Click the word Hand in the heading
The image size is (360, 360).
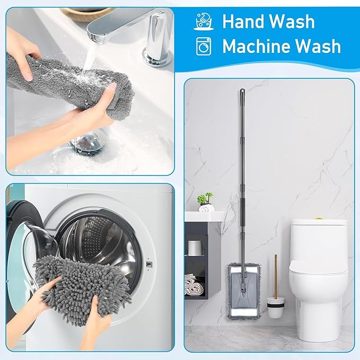(x=242, y=22)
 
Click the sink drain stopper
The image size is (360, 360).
(x=88, y=142)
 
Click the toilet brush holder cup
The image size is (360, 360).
(x=275, y=307)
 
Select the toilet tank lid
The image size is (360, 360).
(x=318, y=223)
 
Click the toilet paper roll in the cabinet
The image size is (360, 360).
(x=196, y=247)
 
